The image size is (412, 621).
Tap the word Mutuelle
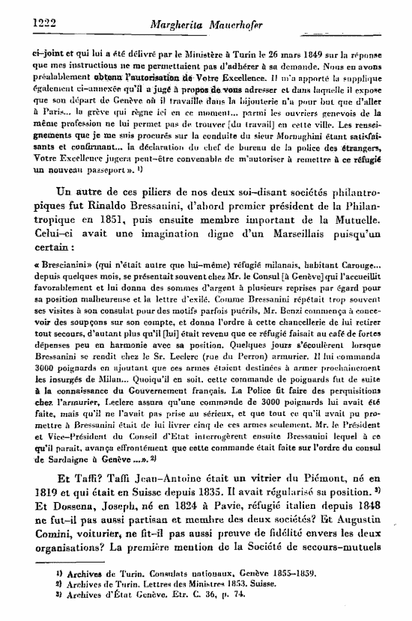pos(349,241)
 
